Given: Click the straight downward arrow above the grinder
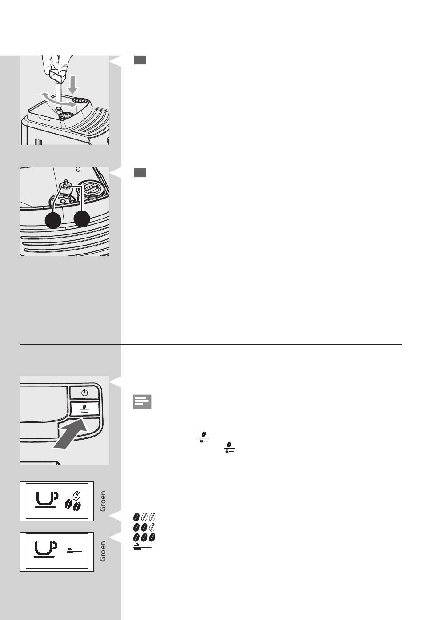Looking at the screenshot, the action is (73, 85).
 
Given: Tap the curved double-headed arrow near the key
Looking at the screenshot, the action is (58, 101).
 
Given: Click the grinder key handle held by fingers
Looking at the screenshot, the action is (58, 76).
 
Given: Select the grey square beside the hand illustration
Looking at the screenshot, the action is (140, 60).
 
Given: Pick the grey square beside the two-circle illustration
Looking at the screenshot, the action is (140, 173).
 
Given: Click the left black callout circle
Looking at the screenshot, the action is (53, 220).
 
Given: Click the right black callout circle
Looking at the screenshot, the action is (82, 219).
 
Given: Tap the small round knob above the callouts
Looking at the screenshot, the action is (78, 169).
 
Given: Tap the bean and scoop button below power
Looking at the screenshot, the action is (84, 409).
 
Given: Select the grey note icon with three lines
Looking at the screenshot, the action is (142, 402).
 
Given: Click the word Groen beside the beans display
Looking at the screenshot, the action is (103, 501).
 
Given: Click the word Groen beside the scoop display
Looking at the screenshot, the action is (103, 551).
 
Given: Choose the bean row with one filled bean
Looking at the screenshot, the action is (144, 517).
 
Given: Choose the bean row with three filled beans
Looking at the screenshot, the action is (144, 537).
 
